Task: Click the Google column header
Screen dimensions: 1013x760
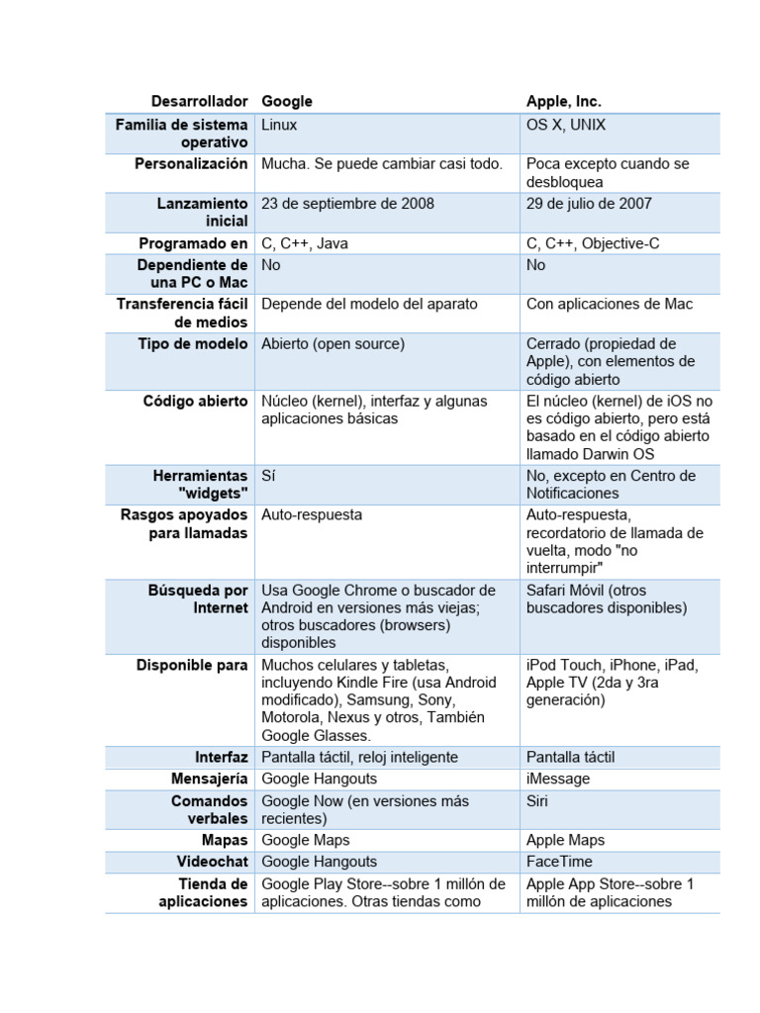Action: pos(287,102)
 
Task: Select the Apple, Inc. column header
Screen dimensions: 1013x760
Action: pos(563,102)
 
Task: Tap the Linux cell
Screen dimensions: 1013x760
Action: pos(279,126)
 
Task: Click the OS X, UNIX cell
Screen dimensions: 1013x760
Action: pos(566,126)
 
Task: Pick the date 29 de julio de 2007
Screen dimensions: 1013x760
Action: pos(589,204)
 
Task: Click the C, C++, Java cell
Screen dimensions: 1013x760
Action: pos(305,243)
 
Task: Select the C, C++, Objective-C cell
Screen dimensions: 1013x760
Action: pos(593,243)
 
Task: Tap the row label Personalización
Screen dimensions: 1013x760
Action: pos(191,164)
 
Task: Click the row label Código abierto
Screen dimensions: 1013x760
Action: pos(196,401)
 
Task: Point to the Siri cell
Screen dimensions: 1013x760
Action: pos(538,801)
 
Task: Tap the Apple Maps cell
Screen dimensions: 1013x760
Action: pos(565,841)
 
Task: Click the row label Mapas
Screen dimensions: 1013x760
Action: pos(225,841)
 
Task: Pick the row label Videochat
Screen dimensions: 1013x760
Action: pos(213,862)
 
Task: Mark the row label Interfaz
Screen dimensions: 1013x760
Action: pos(222,758)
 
